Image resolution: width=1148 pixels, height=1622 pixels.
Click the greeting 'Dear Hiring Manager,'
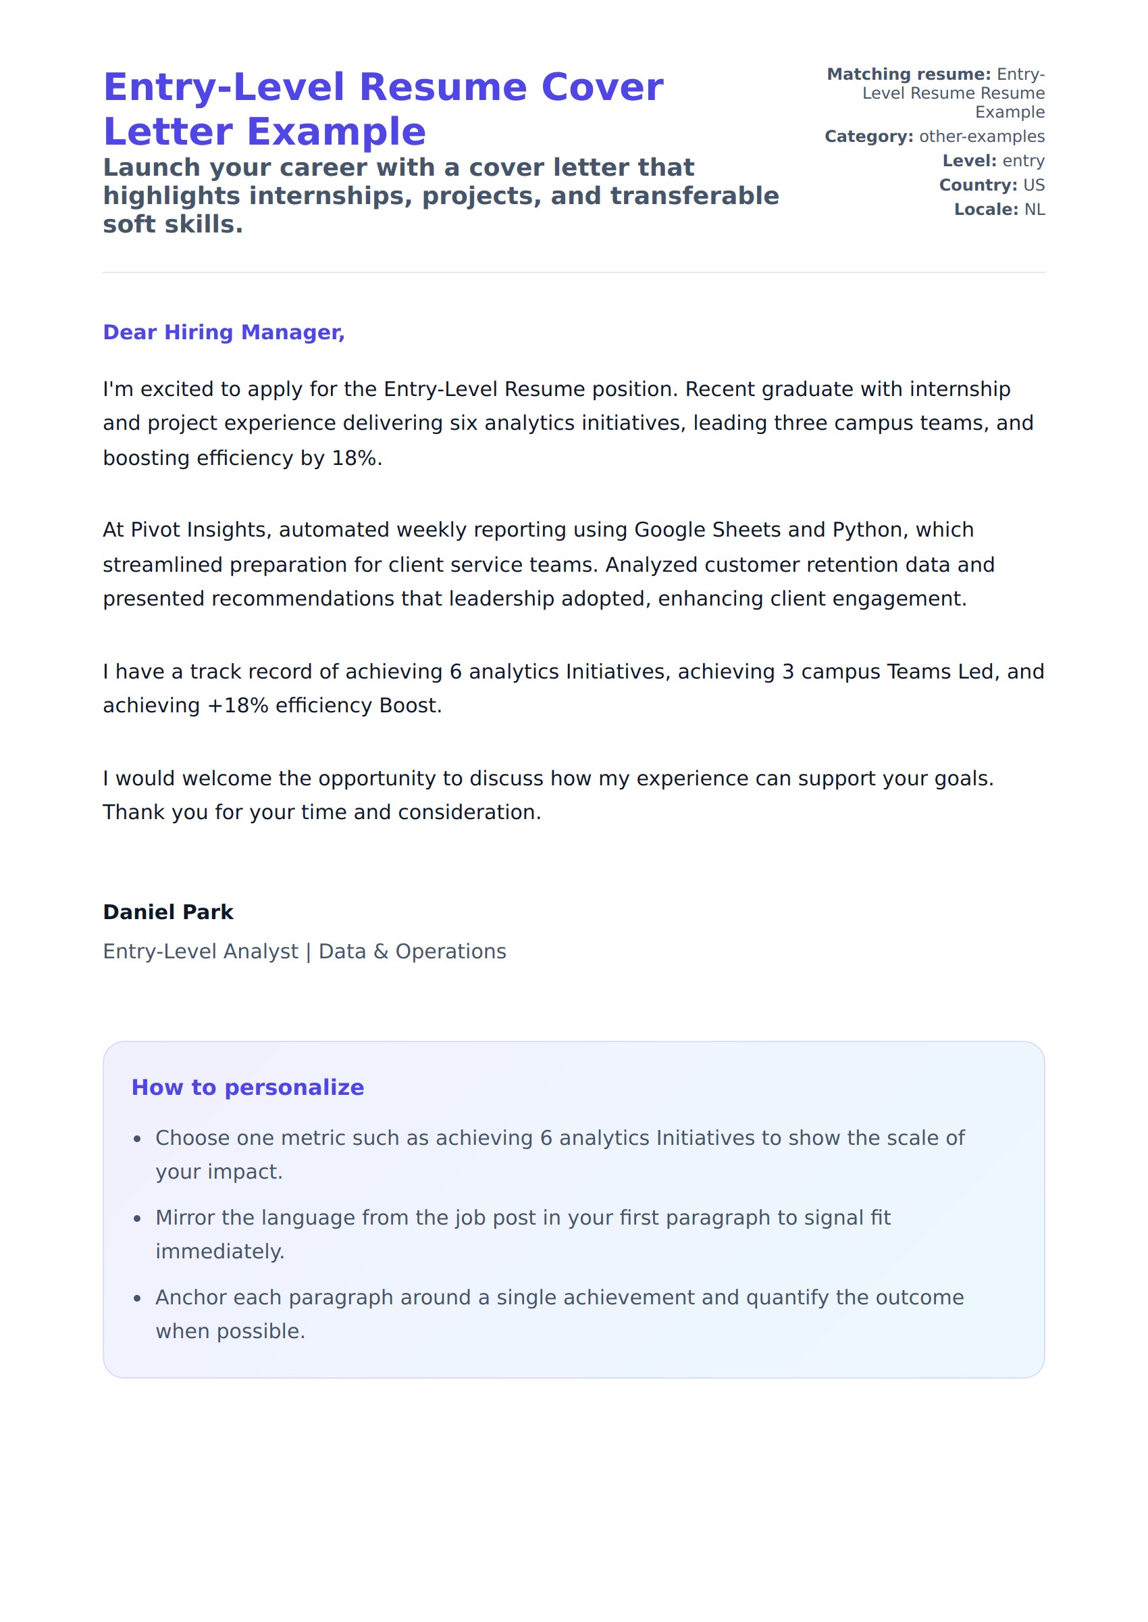click(224, 333)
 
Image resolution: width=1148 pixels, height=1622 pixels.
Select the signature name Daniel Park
click(167, 912)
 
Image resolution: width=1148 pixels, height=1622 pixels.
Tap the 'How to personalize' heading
click(247, 1087)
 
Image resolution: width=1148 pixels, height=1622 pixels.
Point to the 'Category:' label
click(869, 137)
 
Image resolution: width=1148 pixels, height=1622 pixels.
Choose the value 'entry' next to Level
click(1023, 161)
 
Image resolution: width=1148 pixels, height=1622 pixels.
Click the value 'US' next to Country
click(1033, 185)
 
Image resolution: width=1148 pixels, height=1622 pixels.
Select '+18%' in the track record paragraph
click(237, 706)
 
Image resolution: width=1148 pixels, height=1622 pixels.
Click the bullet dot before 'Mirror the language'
click(138, 1219)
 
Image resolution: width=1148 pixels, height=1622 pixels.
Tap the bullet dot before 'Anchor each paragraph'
click(138, 1299)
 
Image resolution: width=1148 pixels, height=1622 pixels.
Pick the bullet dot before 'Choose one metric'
click(138, 1139)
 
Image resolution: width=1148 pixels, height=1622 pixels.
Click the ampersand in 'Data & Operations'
click(380, 952)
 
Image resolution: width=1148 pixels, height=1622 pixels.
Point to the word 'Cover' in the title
click(602, 88)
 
